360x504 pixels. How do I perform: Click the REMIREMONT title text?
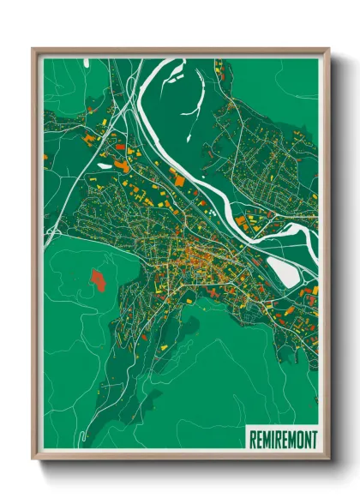pos(282,439)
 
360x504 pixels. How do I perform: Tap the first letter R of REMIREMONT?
pos(252,439)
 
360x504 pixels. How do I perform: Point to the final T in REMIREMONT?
pos(313,439)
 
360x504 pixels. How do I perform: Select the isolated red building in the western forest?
pos(97,278)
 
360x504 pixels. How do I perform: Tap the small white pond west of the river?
pos(105,165)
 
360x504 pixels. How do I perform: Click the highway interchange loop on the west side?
pos(51,231)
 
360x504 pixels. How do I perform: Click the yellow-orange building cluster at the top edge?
pos(219,65)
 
